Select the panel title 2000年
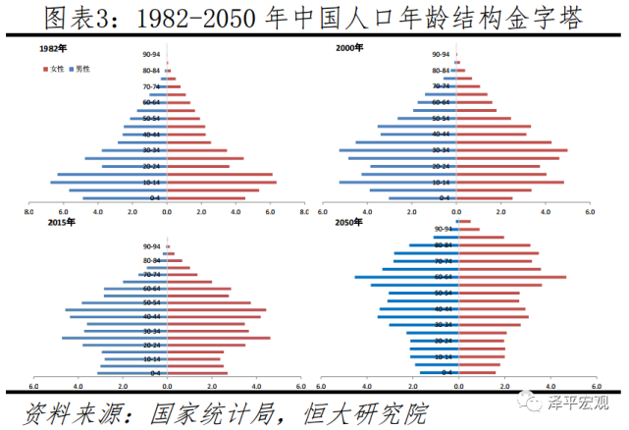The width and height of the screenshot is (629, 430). tap(348, 47)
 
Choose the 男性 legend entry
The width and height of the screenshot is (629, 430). tap(80, 68)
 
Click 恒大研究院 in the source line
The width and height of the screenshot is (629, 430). tap(359, 413)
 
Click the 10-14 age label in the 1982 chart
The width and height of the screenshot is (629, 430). tap(152, 183)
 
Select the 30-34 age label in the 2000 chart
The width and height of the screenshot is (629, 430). tap(440, 150)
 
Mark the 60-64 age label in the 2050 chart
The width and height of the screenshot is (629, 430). tap(443, 277)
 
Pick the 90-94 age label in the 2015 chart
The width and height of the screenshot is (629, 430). tap(151, 246)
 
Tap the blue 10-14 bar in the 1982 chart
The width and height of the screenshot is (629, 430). tap(108, 183)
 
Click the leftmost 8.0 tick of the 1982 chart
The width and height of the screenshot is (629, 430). tap(29, 211)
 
